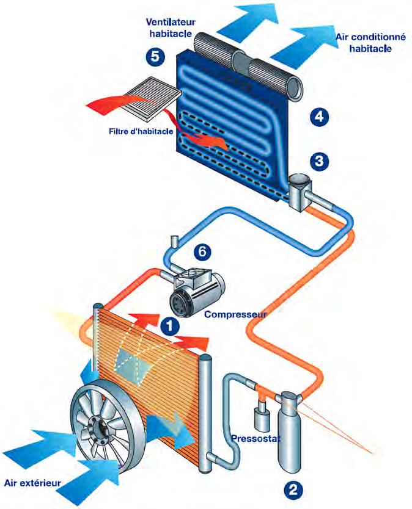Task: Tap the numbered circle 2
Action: pyautogui.click(x=292, y=488)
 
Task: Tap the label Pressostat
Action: pyautogui.click(x=255, y=438)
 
